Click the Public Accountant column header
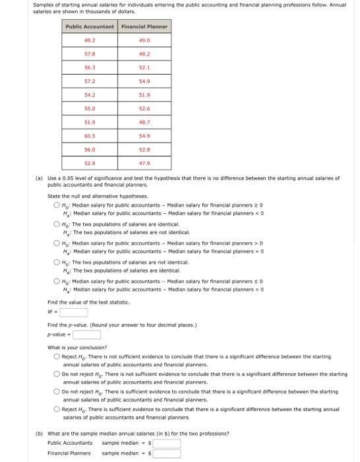[x=90, y=27]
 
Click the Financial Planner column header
[x=144, y=27]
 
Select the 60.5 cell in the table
[x=90, y=135]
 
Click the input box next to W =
[x=75, y=313]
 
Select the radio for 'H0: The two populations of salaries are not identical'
[x=57, y=262]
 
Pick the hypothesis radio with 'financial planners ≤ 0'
[x=57, y=281]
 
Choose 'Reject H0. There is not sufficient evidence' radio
[x=57, y=356]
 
